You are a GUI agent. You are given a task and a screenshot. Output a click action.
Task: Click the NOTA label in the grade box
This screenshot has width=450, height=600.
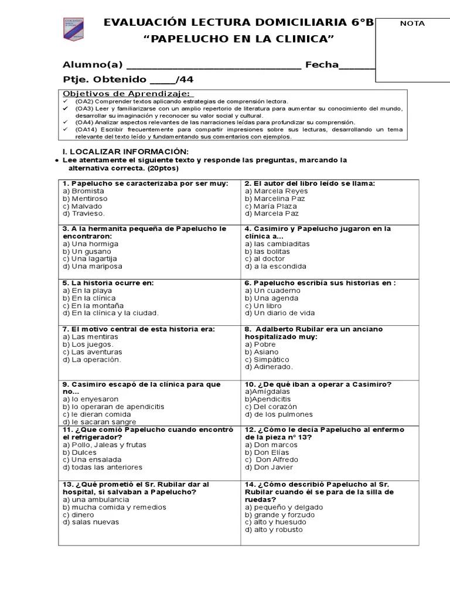coord(412,23)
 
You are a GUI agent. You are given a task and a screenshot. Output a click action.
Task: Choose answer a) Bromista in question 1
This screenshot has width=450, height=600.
coord(83,191)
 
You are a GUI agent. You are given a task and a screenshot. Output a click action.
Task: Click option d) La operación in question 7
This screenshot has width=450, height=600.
coord(91,360)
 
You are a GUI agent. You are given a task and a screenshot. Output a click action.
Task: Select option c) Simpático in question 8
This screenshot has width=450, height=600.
coord(267,359)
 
